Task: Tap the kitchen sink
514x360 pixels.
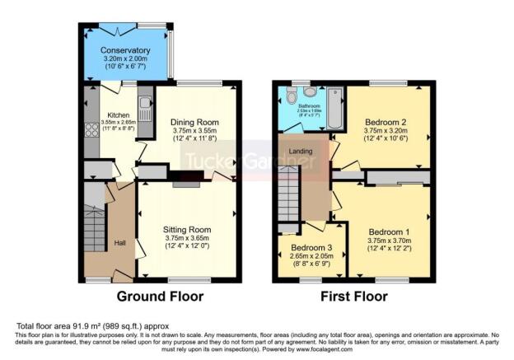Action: (145, 105)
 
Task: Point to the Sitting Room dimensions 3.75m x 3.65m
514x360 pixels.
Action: (188, 239)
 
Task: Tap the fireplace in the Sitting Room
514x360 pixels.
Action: (186, 184)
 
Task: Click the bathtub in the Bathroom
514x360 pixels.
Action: (335, 110)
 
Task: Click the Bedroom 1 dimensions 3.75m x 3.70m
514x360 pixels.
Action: (389, 241)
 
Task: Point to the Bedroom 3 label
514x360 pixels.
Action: (306, 246)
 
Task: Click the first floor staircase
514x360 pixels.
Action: (287, 194)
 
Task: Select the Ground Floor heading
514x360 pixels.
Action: (160, 296)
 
